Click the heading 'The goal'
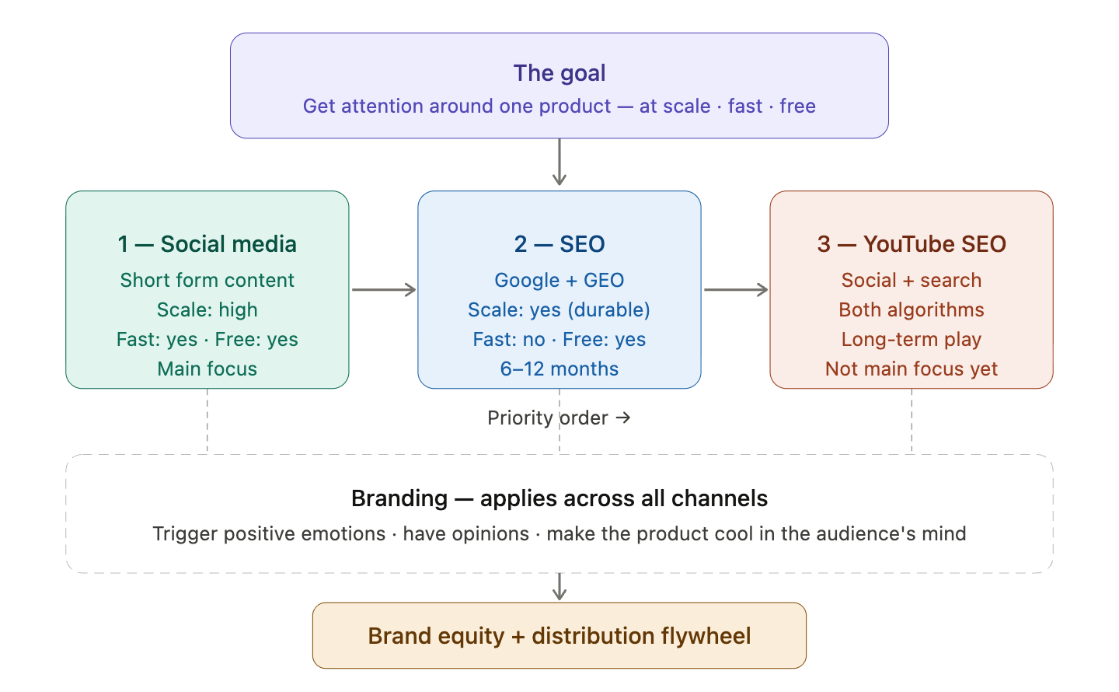tap(559, 73)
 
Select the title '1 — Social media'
tap(207, 244)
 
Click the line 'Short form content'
tap(207, 280)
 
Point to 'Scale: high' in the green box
tap(207, 309)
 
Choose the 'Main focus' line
tap(207, 369)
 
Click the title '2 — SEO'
tap(559, 244)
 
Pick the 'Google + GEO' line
tap(559, 280)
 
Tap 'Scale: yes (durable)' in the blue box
tap(559, 309)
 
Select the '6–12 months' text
tap(559, 369)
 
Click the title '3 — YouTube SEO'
tap(912, 244)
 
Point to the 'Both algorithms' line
tap(912, 309)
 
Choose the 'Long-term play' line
tap(912, 339)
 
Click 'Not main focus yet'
tap(912, 369)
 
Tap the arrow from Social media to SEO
tap(384, 290)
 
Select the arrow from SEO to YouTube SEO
tap(736, 290)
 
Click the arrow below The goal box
tap(559, 163)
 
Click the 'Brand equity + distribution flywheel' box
tap(559, 636)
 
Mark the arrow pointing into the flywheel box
tap(559, 587)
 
